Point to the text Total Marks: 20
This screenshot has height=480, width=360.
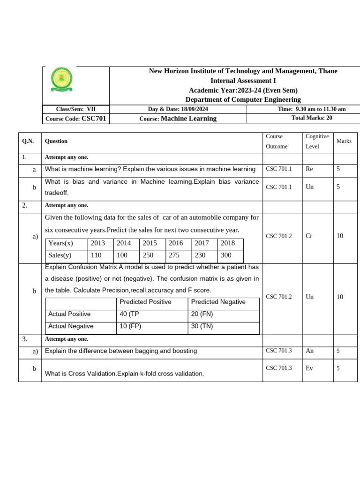(x=312, y=118)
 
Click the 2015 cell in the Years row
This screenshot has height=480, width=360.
(x=150, y=243)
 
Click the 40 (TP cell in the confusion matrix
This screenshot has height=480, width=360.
(x=130, y=314)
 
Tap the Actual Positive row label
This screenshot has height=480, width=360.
(x=69, y=314)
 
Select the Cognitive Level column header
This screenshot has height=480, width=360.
(x=317, y=141)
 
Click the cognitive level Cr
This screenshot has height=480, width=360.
(x=308, y=236)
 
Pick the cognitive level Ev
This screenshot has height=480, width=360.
(x=309, y=368)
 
